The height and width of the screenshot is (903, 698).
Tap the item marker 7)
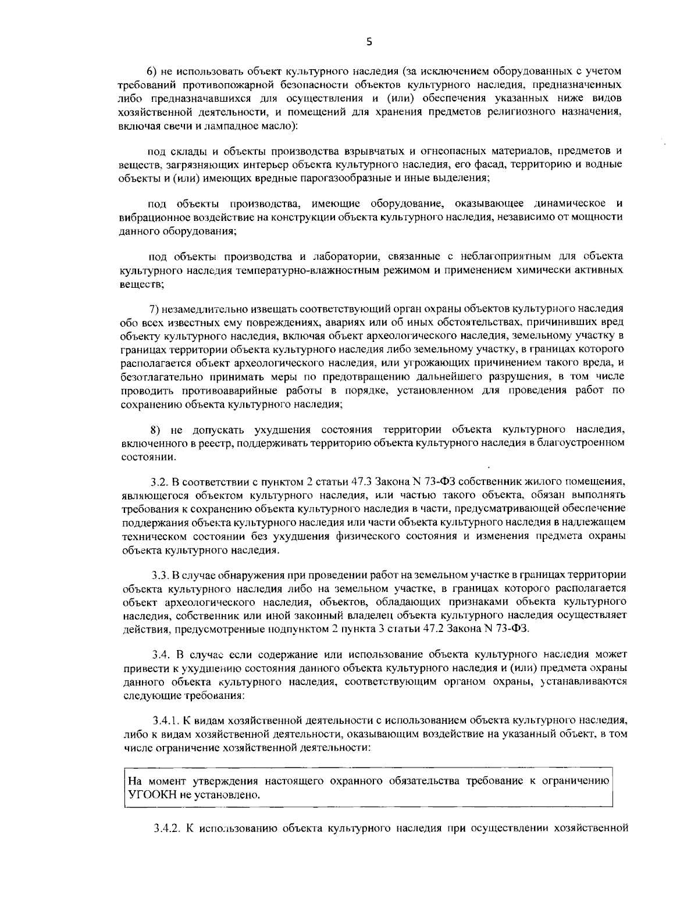pyautogui.click(x=155, y=308)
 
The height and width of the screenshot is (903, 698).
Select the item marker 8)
pyautogui.click(x=155, y=430)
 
